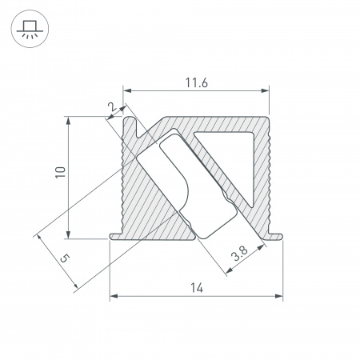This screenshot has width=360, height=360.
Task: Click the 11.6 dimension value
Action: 196,82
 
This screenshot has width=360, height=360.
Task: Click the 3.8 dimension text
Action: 238,256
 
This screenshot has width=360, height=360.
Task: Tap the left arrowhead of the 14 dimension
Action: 113,297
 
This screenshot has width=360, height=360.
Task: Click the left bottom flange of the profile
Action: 116,235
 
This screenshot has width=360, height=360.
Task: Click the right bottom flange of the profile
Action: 275,235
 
